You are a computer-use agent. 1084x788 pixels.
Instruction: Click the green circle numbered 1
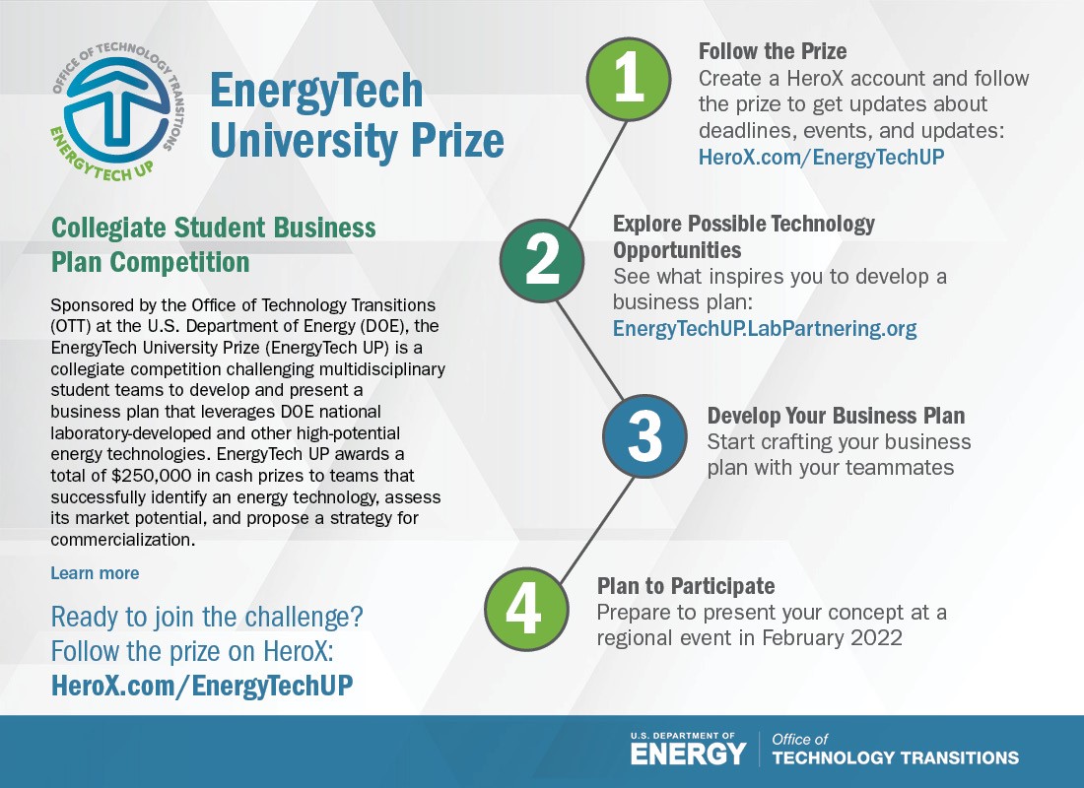pos(629,78)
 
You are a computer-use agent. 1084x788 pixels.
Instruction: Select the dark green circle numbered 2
pos(542,258)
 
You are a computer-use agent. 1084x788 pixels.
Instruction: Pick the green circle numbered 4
pos(525,608)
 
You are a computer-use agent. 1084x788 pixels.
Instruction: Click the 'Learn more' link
pos(95,573)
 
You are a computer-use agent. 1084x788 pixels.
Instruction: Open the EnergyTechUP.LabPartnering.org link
pos(765,329)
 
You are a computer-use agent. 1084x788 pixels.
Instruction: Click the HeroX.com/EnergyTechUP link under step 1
pos(821,156)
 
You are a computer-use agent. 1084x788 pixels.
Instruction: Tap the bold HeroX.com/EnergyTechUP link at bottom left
pos(201,686)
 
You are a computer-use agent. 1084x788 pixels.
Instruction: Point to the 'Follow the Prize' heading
pos(773,51)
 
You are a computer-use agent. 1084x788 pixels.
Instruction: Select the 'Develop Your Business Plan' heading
pos(836,415)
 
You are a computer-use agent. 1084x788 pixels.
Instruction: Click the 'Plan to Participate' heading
pos(686,586)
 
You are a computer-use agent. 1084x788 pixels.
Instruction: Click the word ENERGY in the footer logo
pos(688,755)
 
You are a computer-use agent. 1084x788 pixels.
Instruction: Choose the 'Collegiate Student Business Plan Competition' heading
pos(213,245)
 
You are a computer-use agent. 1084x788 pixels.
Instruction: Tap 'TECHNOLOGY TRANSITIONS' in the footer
pos(895,757)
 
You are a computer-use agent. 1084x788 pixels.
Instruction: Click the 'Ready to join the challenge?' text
pos(207,618)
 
